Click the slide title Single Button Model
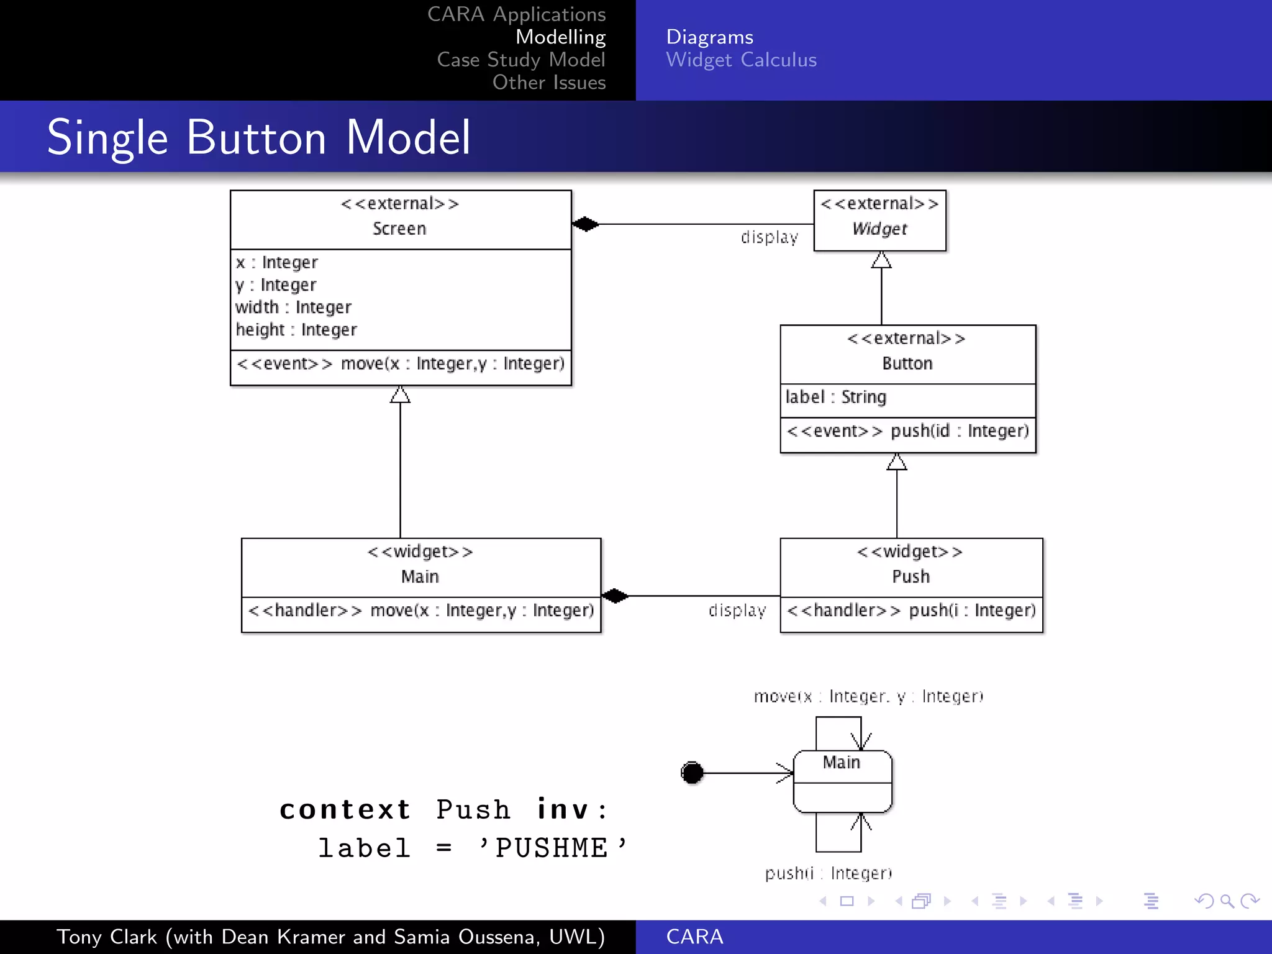(x=258, y=137)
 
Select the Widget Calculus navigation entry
(x=741, y=60)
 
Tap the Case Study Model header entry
(x=520, y=60)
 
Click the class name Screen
(x=399, y=229)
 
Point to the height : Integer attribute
(x=296, y=330)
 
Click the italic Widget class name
(x=879, y=229)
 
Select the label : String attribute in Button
(x=835, y=397)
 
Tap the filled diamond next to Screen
(x=585, y=224)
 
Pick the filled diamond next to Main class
(x=615, y=596)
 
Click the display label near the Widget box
(x=769, y=238)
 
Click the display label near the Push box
(x=737, y=611)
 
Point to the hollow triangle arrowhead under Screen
(x=400, y=395)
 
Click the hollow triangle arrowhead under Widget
(x=881, y=260)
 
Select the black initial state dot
(x=692, y=773)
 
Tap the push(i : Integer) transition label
(x=828, y=874)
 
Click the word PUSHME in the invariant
(x=551, y=848)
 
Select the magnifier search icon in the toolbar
(x=1227, y=901)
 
